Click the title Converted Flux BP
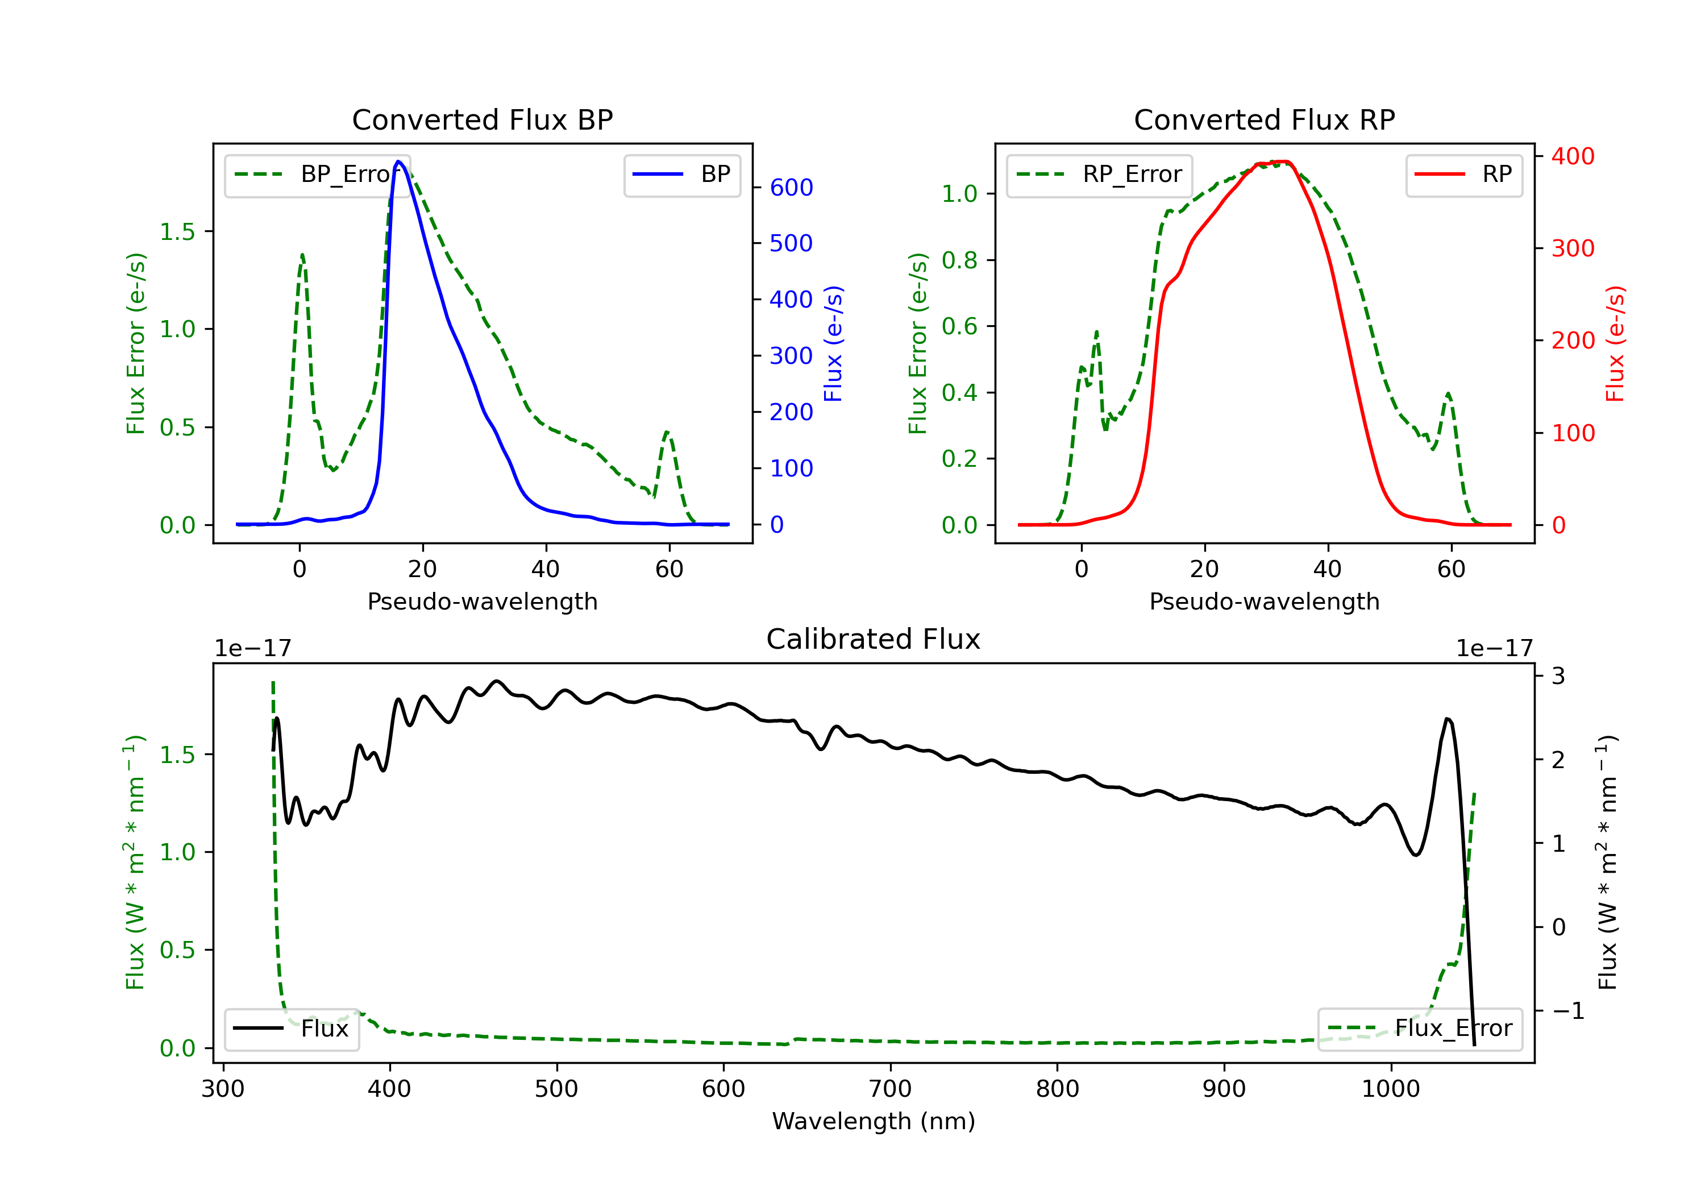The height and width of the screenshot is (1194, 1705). tap(482, 119)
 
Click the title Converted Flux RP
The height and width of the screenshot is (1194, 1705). tap(1264, 119)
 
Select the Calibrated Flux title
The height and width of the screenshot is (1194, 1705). tap(874, 639)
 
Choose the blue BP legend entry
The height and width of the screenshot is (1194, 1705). tap(681, 175)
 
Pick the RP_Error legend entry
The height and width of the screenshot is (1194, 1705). tap(1099, 175)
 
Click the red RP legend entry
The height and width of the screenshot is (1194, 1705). tap(1463, 175)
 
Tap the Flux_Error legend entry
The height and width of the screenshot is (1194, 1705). tap(1419, 1029)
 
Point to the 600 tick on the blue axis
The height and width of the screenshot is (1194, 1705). tap(791, 187)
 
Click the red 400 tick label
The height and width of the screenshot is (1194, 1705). tap(1573, 156)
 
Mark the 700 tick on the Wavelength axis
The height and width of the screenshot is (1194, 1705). tap(889, 1089)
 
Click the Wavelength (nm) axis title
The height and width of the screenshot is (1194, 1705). tap(874, 1121)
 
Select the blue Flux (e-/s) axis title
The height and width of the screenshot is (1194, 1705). tap(833, 344)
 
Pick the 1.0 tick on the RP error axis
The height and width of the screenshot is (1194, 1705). tap(959, 194)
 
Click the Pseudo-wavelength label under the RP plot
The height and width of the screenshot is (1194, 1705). tap(1264, 601)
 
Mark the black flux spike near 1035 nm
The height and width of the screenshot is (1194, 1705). tap(1448, 719)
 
